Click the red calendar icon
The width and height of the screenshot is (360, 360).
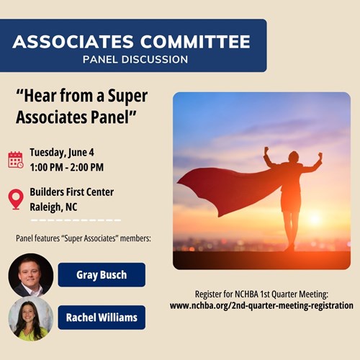pos(16,160)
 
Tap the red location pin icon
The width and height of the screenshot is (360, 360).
pos(16,199)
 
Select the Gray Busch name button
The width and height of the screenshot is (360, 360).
pos(102,275)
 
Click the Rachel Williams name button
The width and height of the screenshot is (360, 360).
pos(102,318)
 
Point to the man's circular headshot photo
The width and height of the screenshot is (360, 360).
pos(31,275)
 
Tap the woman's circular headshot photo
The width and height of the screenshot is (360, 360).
pos(31,318)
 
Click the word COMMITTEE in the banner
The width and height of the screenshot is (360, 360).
pos(195,42)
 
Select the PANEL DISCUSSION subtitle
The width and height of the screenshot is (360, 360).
pos(135,60)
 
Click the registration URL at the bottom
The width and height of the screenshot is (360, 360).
pos(261,306)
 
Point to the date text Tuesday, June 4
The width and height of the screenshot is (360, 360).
pos(62,153)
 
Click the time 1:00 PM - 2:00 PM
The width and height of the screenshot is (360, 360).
pos(67,167)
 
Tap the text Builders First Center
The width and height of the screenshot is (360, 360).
pos(72,192)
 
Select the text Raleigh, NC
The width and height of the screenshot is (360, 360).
pos(53,207)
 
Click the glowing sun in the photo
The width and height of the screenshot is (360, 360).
pos(314,219)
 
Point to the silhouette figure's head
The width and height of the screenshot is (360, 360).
pos(293,157)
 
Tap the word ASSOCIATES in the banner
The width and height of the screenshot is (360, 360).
pos(73,42)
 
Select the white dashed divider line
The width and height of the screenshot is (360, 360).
pos(76,220)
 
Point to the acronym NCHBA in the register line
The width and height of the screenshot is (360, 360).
pos(247,294)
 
